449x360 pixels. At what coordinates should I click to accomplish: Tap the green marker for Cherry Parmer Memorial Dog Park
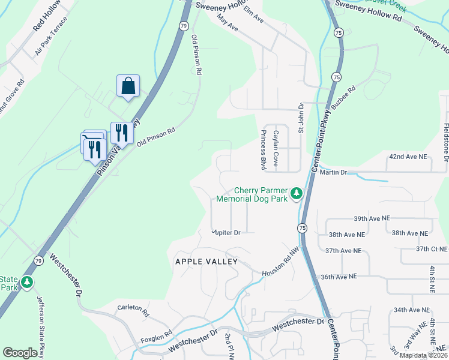[x=296, y=194]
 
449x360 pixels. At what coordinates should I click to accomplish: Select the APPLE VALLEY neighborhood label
[x=206, y=262]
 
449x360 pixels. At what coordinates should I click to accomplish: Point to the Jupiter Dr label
[x=226, y=232]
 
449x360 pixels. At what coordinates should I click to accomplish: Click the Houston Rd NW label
[x=280, y=266]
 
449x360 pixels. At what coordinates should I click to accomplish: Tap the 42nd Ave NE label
[x=408, y=157]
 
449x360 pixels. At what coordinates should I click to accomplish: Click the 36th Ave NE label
[x=339, y=277]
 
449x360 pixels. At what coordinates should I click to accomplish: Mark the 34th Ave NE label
[x=412, y=310]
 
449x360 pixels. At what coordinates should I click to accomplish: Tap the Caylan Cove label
[x=276, y=149]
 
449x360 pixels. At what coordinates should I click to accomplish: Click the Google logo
[x=20, y=353]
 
